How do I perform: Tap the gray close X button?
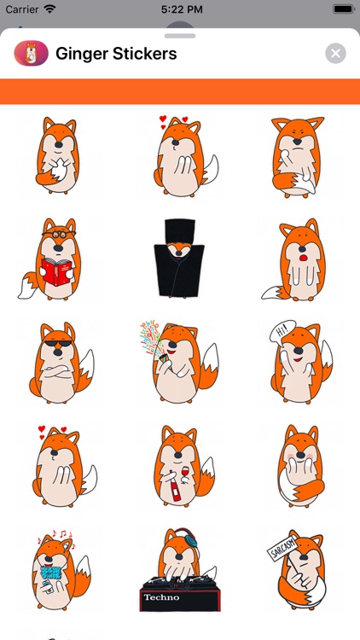pyautogui.click(x=335, y=54)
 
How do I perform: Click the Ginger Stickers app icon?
pyautogui.click(x=31, y=54)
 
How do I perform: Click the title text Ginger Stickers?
pyautogui.click(x=116, y=54)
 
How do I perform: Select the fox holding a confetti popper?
pyautogui.click(x=179, y=362)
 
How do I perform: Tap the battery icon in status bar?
pyautogui.click(x=341, y=9)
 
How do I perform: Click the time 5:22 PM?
pyautogui.click(x=179, y=9)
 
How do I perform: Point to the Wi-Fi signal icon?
pyautogui.click(x=49, y=9)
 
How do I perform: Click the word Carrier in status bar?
pyautogui.click(x=21, y=9)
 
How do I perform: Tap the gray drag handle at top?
pyautogui.click(x=180, y=36)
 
